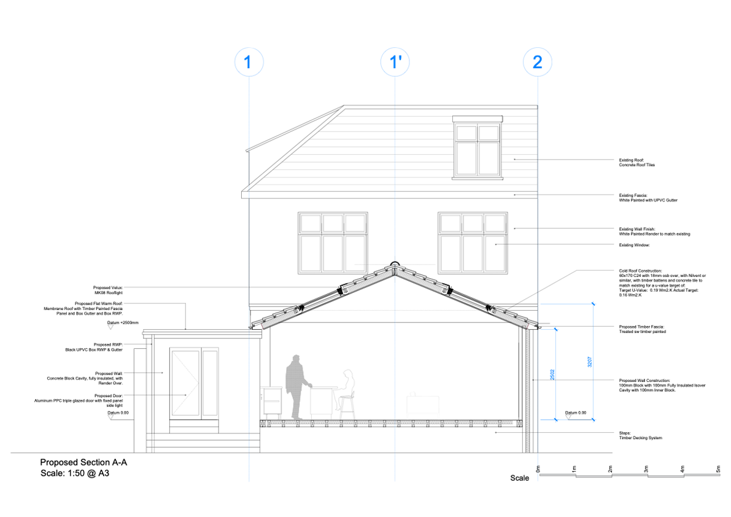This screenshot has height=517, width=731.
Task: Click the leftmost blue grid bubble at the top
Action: coord(250,64)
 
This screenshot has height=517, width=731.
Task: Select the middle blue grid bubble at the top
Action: coord(395,64)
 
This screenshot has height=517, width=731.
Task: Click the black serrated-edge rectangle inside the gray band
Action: coord(477,149)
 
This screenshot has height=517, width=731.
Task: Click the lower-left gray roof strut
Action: coord(279,318)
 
